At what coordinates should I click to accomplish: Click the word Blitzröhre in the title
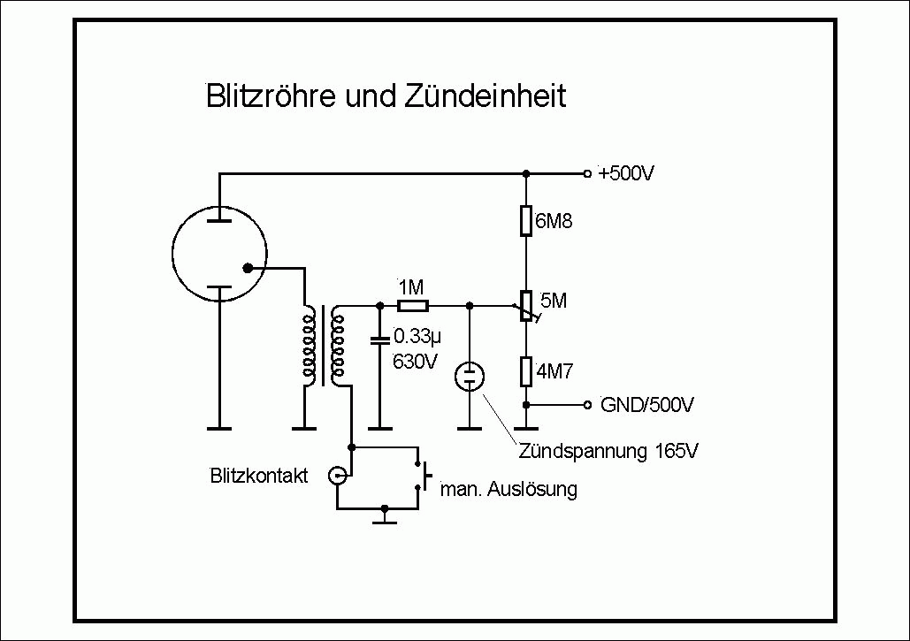[264, 95]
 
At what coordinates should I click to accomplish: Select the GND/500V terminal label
[646, 405]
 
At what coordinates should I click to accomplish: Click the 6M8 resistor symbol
[525, 221]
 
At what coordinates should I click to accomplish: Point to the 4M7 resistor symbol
[525, 371]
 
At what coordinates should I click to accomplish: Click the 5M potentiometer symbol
[525, 306]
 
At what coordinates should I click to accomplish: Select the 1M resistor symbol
[412, 306]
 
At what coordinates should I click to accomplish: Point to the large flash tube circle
[218, 253]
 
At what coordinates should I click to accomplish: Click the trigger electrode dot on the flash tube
[248, 267]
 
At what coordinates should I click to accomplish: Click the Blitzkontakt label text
[259, 476]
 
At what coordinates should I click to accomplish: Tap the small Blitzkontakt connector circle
[337, 477]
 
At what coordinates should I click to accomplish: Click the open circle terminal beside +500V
[586, 173]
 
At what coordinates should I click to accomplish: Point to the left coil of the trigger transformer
[308, 347]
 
